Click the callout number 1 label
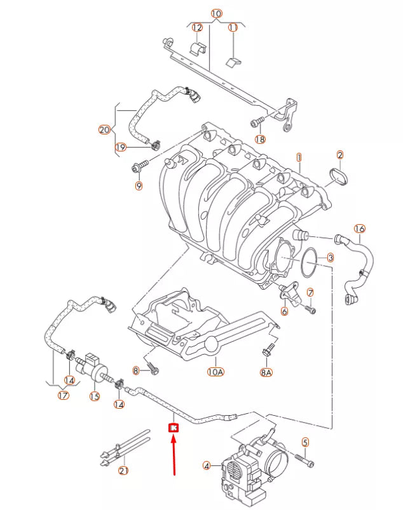coord(299,157)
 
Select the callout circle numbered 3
coord(330,258)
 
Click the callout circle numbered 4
coord(206,466)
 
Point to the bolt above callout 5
coord(302,458)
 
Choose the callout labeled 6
coord(284,311)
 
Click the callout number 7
coord(310,292)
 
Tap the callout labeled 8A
coord(266,372)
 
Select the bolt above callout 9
coord(139,167)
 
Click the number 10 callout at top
coord(216,13)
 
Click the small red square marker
coord(173,429)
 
